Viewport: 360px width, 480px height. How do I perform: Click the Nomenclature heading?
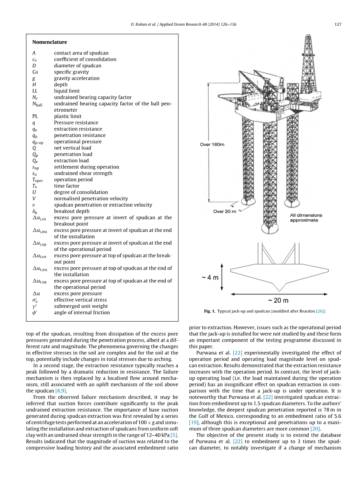coord(49,42)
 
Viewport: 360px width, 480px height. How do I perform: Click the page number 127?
coord(337,25)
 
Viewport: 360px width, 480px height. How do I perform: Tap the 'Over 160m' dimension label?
coord(212,144)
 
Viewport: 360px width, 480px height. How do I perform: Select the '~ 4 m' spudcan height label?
coord(210,278)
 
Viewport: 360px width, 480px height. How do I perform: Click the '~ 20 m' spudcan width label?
coord(278,300)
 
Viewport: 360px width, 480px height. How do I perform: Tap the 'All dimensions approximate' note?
coord(306,218)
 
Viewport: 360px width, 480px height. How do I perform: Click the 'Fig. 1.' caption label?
coord(210,311)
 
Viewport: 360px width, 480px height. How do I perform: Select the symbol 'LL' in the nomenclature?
coord(35,91)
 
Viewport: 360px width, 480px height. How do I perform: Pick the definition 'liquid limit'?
coord(67,91)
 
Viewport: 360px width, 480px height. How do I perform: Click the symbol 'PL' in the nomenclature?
coord(35,116)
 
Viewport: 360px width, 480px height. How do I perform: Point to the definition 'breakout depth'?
coord(72,211)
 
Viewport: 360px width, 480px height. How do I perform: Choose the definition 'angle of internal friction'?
coord(82,312)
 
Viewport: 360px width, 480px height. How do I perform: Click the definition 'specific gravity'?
coord(71,72)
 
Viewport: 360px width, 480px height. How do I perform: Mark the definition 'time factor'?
coord(66,186)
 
